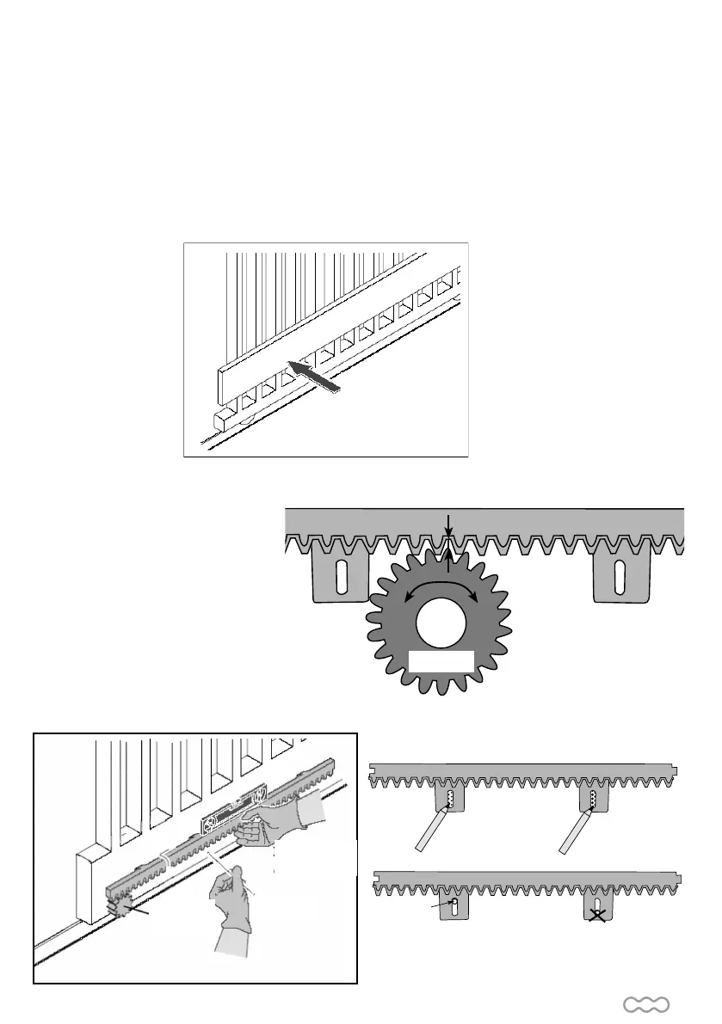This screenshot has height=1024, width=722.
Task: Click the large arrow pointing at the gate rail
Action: click(314, 377)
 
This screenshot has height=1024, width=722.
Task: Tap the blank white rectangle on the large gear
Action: click(441, 663)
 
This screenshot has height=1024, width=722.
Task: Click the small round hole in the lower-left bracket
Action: click(454, 903)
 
